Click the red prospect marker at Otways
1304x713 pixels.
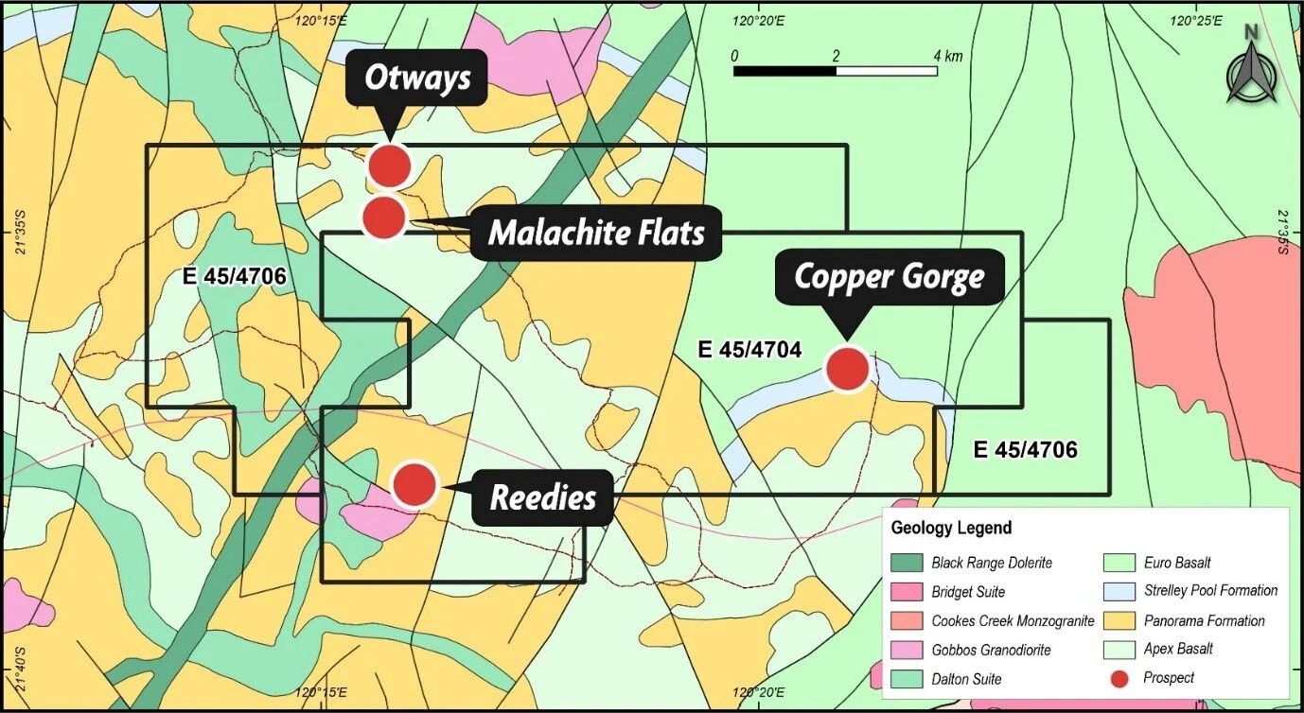click(389, 165)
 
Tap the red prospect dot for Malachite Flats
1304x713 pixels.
click(384, 217)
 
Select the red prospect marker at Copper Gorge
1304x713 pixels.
click(847, 369)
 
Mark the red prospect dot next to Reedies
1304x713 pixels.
click(414, 484)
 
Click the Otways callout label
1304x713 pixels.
click(417, 77)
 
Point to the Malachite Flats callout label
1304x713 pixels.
click(596, 232)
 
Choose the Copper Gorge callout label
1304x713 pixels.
click(889, 277)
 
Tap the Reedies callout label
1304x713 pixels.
click(542, 496)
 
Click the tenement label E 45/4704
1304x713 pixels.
click(749, 350)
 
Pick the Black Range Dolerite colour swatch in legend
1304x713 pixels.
click(906, 563)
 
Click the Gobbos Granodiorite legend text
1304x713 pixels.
click(991, 650)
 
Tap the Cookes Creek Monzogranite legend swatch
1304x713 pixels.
click(906, 621)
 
